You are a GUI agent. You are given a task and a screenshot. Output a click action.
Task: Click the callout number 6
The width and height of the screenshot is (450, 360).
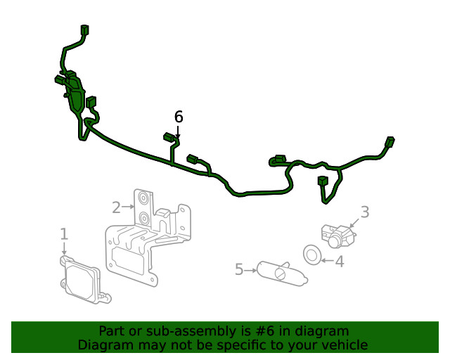(x=179, y=117)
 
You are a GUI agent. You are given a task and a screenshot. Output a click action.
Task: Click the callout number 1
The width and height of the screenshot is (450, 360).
(x=64, y=234)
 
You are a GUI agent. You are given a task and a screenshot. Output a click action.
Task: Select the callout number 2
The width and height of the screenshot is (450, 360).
(x=116, y=207)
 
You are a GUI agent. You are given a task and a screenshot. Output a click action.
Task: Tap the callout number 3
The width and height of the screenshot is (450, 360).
(x=365, y=212)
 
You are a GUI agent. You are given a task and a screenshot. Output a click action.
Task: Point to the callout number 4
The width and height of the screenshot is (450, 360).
(x=340, y=262)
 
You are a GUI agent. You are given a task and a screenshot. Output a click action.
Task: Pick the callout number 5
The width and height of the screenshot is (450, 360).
(x=239, y=269)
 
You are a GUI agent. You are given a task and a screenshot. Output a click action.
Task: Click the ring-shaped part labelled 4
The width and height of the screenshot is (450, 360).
(x=312, y=255)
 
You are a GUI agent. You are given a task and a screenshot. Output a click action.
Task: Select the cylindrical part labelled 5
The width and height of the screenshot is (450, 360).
(x=281, y=274)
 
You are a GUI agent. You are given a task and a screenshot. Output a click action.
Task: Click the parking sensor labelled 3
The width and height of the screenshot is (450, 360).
(x=337, y=236)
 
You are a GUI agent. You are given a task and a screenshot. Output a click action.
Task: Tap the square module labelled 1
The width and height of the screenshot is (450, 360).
(x=84, y=280)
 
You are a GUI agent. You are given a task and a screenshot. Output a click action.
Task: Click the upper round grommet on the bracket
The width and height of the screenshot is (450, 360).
(x=143, y=198)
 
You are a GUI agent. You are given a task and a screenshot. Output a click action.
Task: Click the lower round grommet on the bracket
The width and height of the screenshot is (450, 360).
(x=143, y=219)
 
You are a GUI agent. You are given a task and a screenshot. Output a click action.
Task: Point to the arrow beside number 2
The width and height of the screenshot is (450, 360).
(x=128, y=207)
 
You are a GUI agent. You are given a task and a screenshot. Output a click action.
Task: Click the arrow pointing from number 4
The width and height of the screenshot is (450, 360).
(x=328, y=261)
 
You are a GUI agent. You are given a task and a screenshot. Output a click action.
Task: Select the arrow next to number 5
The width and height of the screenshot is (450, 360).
(x=250, y=271)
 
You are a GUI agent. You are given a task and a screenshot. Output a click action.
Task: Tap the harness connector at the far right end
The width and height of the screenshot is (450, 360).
(x=390, y=142)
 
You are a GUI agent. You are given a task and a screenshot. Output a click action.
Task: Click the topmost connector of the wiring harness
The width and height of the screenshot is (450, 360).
(x=85, y=30)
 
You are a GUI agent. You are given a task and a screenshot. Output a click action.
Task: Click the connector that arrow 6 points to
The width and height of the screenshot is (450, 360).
(x=169, y=137)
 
